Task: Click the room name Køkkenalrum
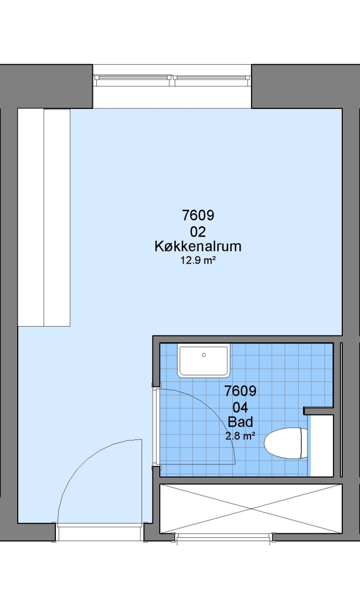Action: [x=198, y=247]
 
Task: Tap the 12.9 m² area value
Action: [x=198, y=260]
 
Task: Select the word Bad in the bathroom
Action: [x=240, y=422]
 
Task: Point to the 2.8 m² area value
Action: [x=240, y=436]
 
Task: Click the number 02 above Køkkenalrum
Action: [x=198, y=232]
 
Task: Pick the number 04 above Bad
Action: [x=240, y=408]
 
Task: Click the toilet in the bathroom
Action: [x=286, y=443]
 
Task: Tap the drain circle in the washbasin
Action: [x=204, y=355]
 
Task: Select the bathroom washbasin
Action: [x=204, y=360]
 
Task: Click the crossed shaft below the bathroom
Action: [x=251, y=509]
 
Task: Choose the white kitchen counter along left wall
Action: [x=44, y=217]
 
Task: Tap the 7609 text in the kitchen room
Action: [x=198, y=216]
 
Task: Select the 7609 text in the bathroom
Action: [x=240, y=391]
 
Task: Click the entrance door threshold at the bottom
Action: [x=100, y=532]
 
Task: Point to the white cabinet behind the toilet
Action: [x=322, y=446]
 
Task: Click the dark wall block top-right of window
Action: [x=305, y=86]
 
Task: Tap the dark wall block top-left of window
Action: [x=46, y=86]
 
